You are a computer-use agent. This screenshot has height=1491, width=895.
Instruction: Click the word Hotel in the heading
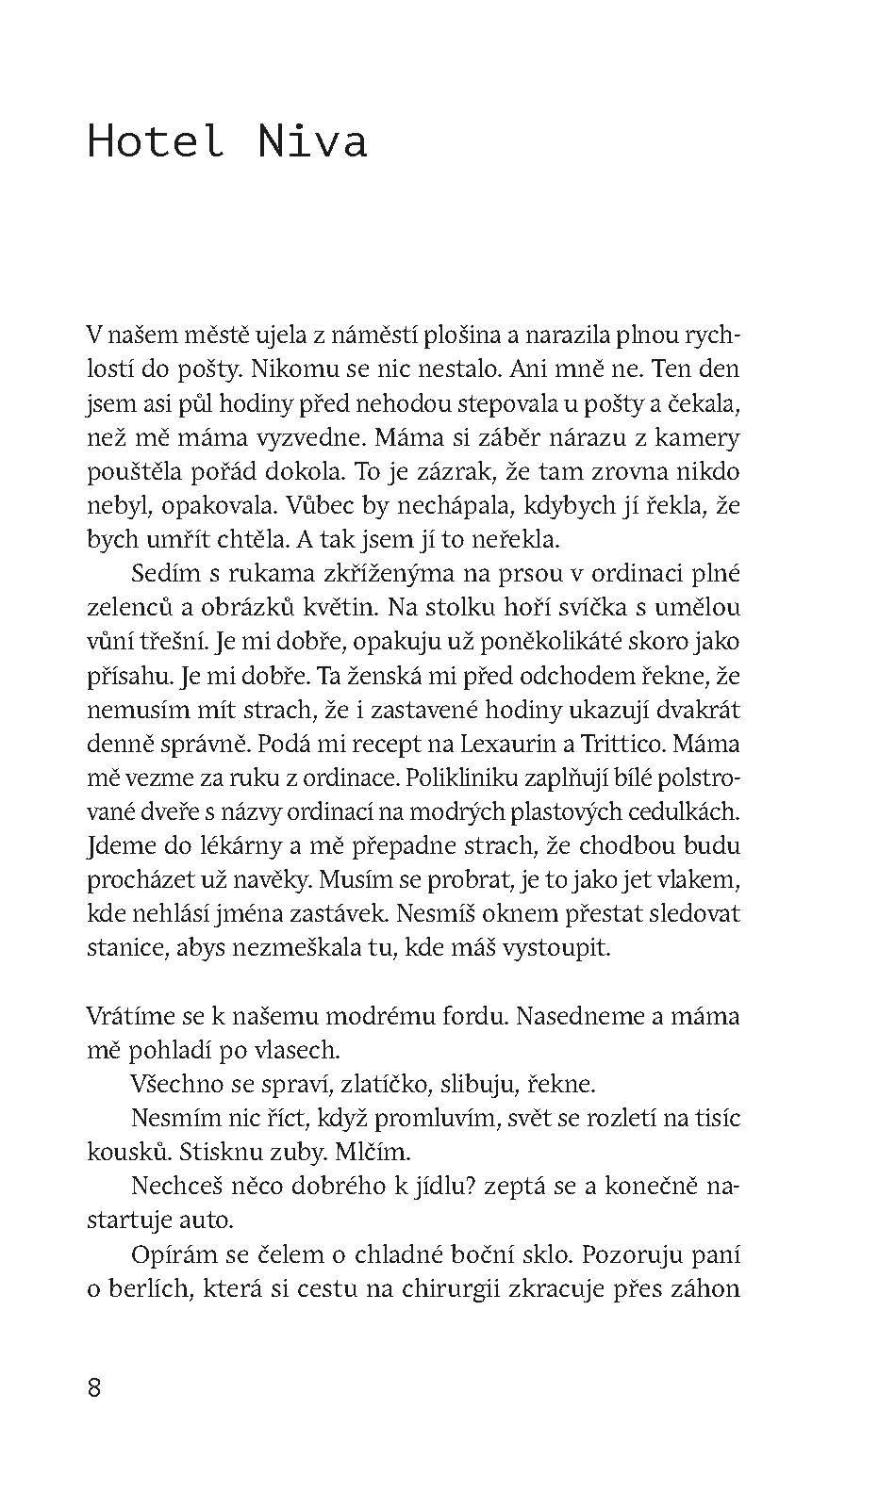[x=156, y=141]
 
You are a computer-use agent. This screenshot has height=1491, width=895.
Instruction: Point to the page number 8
[x=93, y=1387]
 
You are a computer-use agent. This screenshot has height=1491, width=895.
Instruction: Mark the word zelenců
[x=127, y=608]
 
